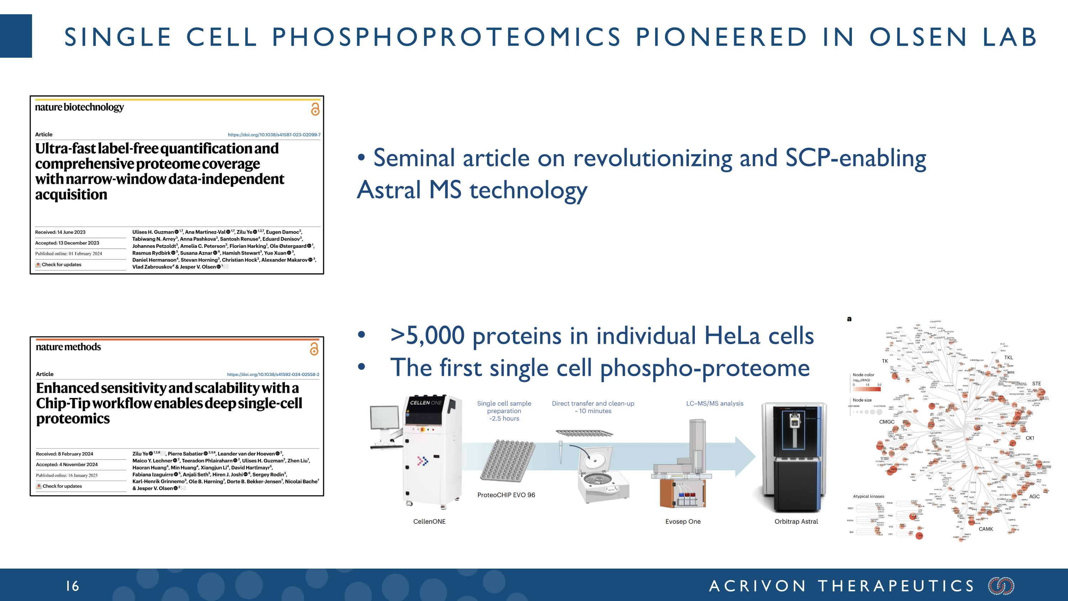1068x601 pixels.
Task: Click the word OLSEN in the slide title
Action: coord(918,37)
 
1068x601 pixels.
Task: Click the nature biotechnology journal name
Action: coord(79,108)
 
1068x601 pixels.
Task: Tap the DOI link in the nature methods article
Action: coord(273,374)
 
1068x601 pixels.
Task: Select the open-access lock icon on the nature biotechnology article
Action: coord(315,109)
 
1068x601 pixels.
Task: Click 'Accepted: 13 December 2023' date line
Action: coord(67,243)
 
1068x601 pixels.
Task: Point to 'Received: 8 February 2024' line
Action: coord(64,454)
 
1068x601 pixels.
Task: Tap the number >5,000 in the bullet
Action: coord(427,336)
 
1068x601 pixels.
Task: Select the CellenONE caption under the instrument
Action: coord(429,521)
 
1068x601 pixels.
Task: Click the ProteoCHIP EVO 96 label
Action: coord(506,495)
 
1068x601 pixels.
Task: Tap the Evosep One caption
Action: coord(683,521)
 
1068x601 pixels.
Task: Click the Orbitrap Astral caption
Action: coord(796,521)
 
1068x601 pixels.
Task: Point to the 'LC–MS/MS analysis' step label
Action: coord(714,403)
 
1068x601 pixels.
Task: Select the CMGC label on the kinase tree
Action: coord(886,422)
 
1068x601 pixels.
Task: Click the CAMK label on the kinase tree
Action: coord(985,529)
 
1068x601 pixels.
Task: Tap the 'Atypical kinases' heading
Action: coord(868,497)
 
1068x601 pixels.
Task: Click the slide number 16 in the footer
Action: coord(73,586)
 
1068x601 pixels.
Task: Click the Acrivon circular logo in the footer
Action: coord(1001,586)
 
